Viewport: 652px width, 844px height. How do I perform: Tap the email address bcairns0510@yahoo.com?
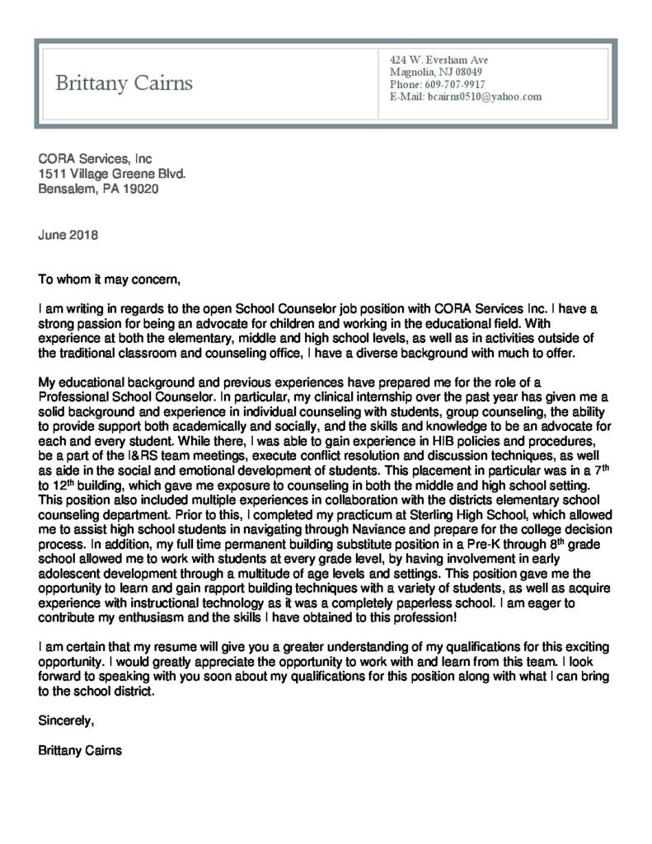tap(483, 96)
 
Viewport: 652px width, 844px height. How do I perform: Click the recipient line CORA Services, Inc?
tap(96, 159)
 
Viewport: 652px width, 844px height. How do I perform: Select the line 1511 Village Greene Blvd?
tap(112, 174)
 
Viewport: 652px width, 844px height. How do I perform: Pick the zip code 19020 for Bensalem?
tap(141, 189)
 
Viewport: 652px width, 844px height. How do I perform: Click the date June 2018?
tap(68, 234)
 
